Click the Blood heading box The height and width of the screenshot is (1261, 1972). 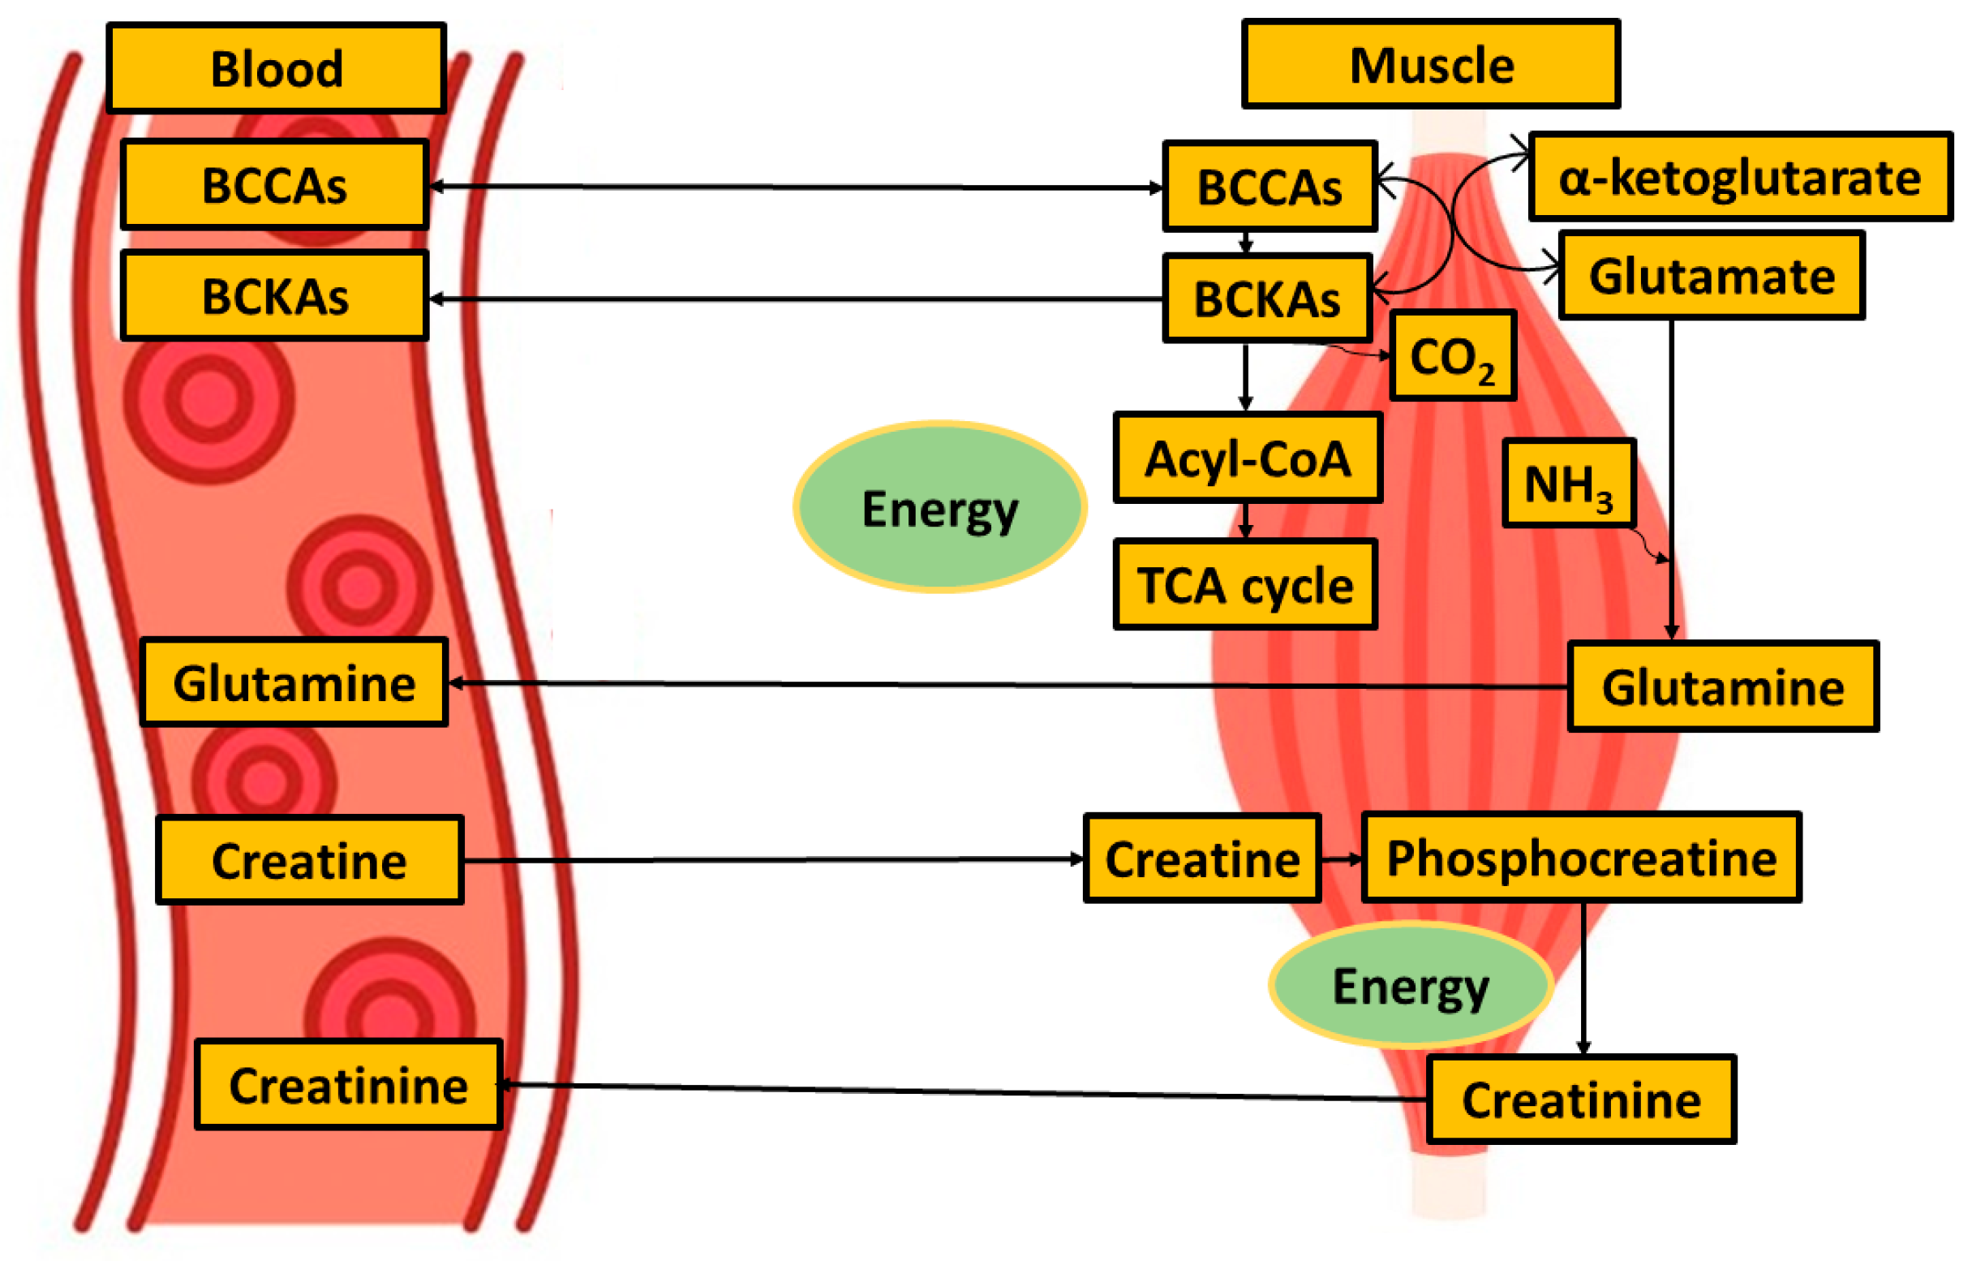276,68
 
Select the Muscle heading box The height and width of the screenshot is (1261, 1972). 1430,65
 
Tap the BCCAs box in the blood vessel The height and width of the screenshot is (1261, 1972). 274,184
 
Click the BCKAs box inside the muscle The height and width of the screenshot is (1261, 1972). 1266,299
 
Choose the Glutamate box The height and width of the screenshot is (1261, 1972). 1711,275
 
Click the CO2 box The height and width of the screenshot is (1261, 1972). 1452,355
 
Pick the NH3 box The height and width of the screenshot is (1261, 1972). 1567,484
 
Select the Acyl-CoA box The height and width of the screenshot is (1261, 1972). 1248,458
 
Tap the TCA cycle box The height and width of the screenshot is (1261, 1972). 1244,585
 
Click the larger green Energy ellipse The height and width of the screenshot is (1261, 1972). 939,507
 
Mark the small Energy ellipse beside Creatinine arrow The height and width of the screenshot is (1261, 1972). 1409,985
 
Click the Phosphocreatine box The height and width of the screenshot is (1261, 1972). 1580,858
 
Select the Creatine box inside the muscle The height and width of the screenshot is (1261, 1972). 1201,859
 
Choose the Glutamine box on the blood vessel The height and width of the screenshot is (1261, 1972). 293,682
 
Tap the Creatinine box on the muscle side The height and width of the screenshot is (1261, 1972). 1580,1099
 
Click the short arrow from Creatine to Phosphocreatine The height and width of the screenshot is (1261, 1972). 1341,859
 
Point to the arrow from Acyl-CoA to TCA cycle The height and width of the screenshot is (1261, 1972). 1245,520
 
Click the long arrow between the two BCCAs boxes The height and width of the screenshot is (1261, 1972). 794,187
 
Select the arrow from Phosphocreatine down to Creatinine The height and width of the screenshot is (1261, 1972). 1582,979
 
